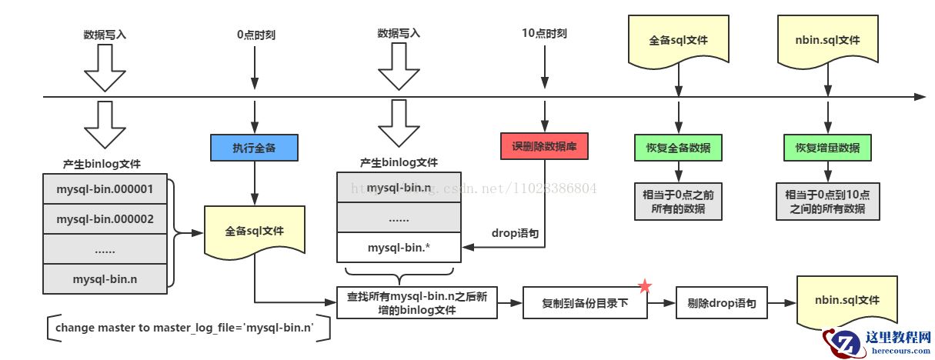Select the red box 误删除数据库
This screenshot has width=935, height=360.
[x=544, y=148]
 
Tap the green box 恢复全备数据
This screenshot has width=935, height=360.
[x=678, y=148]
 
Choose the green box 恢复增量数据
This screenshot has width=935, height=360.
[x=826, y=148]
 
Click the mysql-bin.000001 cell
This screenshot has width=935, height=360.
[x=105, y=188]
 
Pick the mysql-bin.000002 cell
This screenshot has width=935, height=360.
[x=105, y=219]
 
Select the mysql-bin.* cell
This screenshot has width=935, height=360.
[x=399, y=248]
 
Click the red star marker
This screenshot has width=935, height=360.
[x=645, y=287]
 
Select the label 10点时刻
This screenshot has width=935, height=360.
[x=544, y=34]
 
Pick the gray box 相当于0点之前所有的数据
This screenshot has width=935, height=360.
[x=678, y=202]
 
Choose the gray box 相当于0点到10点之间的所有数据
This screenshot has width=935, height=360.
[x=826, y=202]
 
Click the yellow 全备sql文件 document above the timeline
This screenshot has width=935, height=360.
[x=678, y=40]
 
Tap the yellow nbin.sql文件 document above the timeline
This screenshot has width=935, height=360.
[x=826, y=40]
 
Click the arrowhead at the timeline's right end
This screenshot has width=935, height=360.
[x=920, y=97]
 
